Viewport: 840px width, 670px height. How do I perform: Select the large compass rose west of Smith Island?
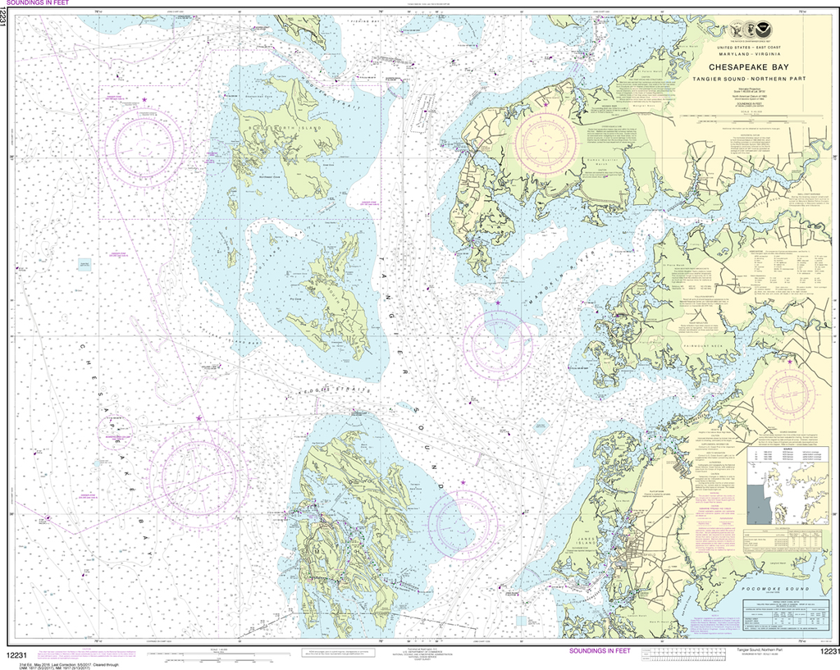click(x=199, y=473)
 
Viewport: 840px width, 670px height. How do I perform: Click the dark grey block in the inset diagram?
click(x=759, y=503)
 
